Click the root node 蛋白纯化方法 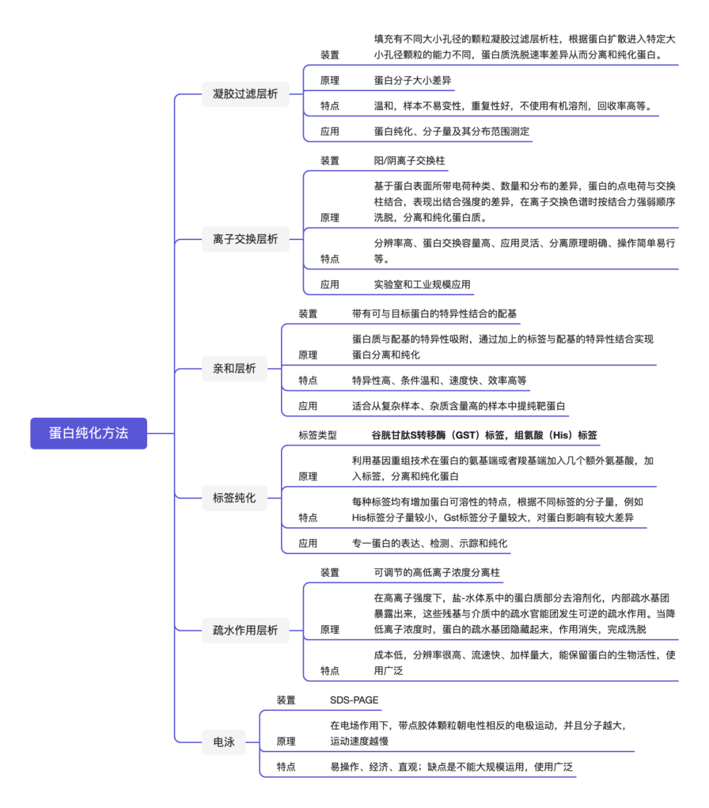(x=88, y=433)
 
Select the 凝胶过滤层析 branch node (x=245, y=94)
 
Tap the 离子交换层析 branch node (x=245, y=239)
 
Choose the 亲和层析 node (x=234, y=369)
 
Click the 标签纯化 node (x=234, y=498)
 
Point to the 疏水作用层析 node (x=245, y=630)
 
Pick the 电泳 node (x=224, y=742)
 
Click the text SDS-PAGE (x=354, y=700)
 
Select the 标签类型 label (x=317, y=435)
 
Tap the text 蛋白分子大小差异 (x=412, y=81)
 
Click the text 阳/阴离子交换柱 (x=409, y=161)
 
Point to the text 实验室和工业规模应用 (x=422, y=285)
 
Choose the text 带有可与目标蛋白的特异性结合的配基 (x=434, y=314)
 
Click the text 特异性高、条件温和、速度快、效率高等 (x=439, y=380)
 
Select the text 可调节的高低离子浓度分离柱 (x=437, y=573)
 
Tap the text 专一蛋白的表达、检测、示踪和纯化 (x=429, y=543)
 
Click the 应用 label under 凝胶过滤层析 (x=330, y=132)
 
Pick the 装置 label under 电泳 (x=286, y=700)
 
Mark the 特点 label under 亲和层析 (x=308, y=380)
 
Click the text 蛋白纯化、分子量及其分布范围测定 (x=452, y=132)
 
